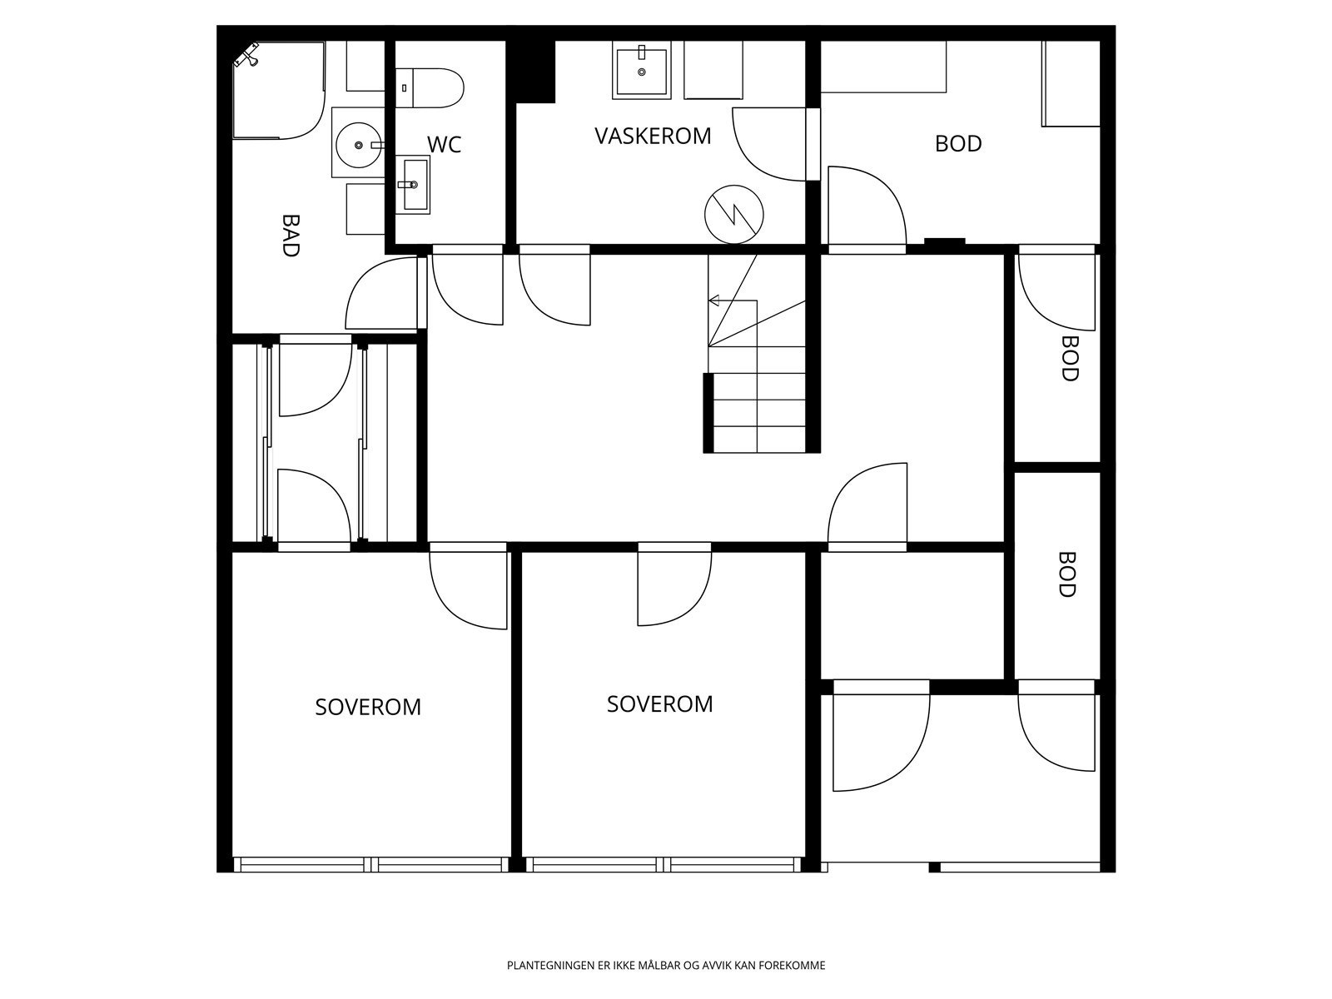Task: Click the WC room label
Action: pyautogui.click(x=444, y=144)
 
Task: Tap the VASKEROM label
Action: pyautogui.click(x=653, y=136)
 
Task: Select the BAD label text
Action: pyautogui.click(x=291, y=236)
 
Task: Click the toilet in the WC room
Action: pyautogui.click(x=430, y=88)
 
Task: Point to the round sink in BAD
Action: pyautogui.click(x=360, y=144)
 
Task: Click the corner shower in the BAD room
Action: pyautogui.click(x=279, y=90)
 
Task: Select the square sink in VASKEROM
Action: pyautogui.click(x=641, y=71)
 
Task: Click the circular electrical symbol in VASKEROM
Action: pyautogui.click(x=733, y=215)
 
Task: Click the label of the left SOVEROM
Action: pyautogui.click(x=368, y=708)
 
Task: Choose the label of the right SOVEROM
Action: pyautogui.click(x=659, y=704)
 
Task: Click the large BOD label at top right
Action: pyautogui.click(x=958, y=144)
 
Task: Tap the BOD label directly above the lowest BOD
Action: pyautogui.click(x=1070, y=359)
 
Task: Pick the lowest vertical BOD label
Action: pyautogui.click(x=1067, y=574)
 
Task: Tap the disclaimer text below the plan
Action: pyautogui.click(x=666, y=966)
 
